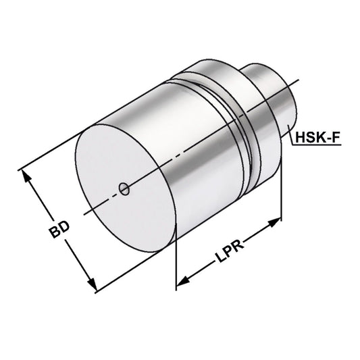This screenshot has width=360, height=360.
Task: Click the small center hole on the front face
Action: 124,189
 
